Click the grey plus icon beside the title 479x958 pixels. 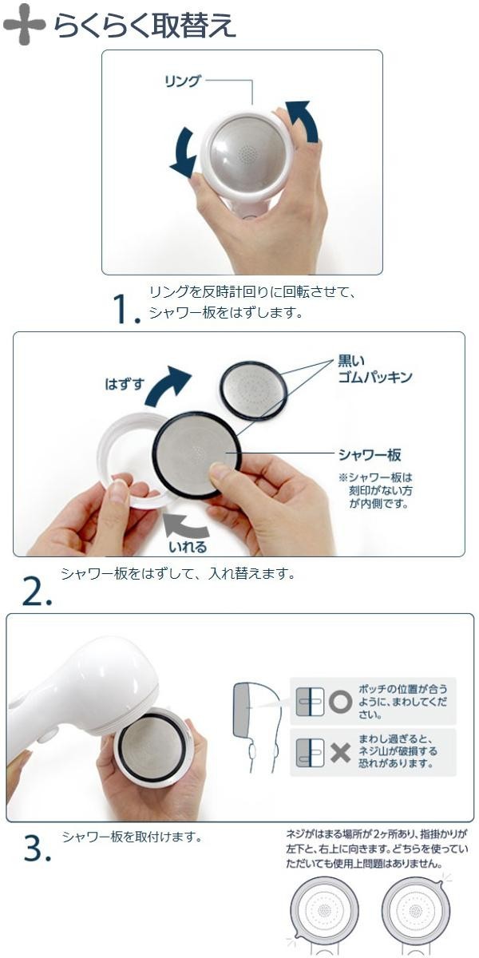pos(24,24)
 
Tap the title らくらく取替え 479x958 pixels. pos(144,26)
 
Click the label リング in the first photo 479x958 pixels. pos(182,81)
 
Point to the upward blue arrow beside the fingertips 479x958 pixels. pos(303,121)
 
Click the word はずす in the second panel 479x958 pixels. pos(125,384)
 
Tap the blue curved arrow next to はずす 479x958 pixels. pos(168,386)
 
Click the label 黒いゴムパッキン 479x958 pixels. pos(374,369)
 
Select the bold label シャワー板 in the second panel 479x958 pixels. pos(370,455)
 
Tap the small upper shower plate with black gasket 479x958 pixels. pos(252,390)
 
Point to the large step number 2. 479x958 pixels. pos(37,592)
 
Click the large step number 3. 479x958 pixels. pos(38,849)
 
